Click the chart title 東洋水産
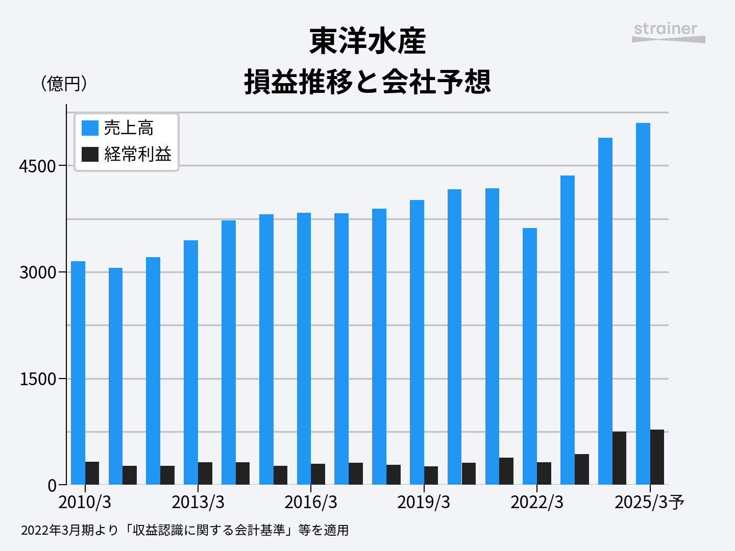[367, 42]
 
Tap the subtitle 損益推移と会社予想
[367, 82]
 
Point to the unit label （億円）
[64, 83]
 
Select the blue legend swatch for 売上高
[90, 128]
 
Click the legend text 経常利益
[138, 154]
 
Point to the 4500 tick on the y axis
[37, 166]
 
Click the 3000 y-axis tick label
[37, 272]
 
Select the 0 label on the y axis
[52, 486]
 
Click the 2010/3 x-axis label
[85, 503]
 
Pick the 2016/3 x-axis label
[311, 503]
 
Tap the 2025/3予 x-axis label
[649, 503]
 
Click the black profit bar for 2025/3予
[657, 457]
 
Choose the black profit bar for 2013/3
[205, 473]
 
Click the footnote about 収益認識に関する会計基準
[185, 531]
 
